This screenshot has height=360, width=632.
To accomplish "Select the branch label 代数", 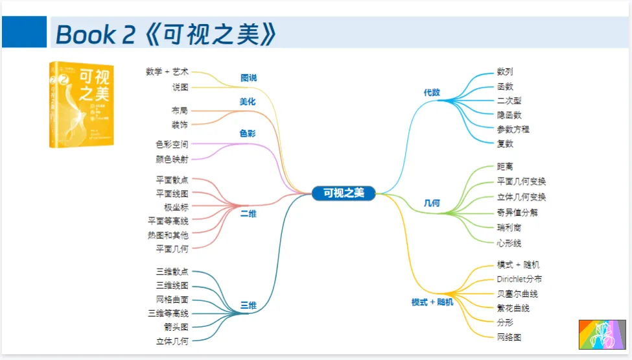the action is coord(432,93).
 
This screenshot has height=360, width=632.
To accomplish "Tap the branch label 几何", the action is coord(432,203).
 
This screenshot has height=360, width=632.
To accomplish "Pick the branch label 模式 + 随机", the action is coord(432,302).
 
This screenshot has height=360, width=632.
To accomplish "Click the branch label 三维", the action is coord(248,305).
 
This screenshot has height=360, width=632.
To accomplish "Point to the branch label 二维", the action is coord(248,213).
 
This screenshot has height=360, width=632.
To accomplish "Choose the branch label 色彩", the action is coord(248,134).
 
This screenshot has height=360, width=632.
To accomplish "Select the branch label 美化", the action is coord(248,102).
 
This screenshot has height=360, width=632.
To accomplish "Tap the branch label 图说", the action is coord(248,78).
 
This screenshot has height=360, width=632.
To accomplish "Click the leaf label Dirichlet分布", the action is coord(519,279).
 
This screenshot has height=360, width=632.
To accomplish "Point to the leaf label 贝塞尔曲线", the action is coord(517,294).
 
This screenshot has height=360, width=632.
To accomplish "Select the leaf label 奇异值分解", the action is coord(517,212).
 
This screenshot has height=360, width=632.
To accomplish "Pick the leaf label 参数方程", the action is coord(513,129).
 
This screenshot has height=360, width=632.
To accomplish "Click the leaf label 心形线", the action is coord(509,243).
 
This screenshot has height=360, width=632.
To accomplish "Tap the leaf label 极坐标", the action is coord(176,208).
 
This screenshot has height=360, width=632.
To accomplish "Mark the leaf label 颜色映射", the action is coord(172,159).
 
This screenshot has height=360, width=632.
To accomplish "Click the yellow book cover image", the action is coord(82,104).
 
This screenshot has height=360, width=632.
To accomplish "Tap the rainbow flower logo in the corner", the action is coord(601,334).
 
